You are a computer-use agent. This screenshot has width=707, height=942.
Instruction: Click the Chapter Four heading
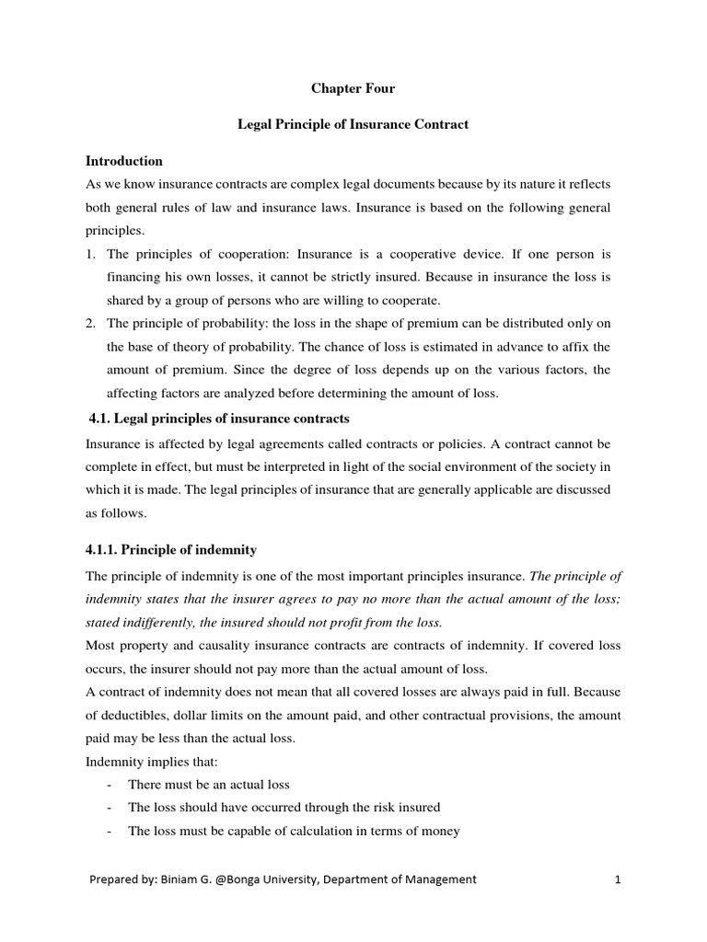pyautogui.click(x=353, y=89)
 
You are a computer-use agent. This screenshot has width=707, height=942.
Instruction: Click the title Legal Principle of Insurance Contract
pyautogui.click(x=353, y=124)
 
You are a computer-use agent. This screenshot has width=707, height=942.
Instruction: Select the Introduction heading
pyautogui.click(x=124, y=161)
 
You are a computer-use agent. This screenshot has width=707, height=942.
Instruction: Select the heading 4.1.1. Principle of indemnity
pyautogui.click(x=171, y=549)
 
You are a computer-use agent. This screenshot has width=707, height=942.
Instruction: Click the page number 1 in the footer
pyautogui.click(x=618, y=879)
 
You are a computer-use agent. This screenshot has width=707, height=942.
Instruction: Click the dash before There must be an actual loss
pyautogui.click(x=110, y=785)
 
